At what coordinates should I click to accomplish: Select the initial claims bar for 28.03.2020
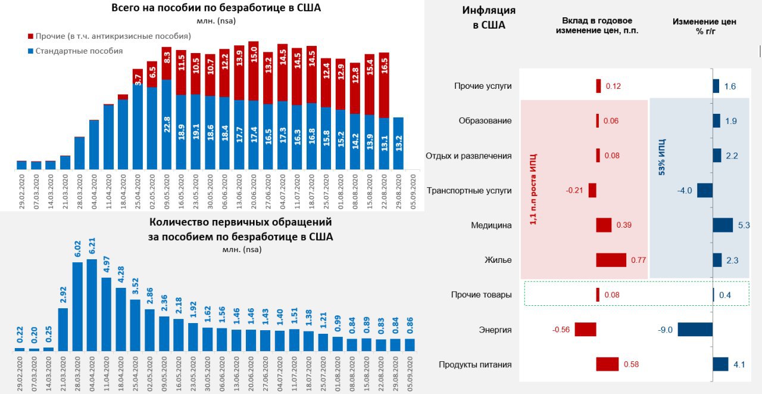pos(77,306)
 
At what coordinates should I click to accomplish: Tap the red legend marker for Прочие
pos(30,36)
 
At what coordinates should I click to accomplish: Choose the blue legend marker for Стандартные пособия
pos(30,51)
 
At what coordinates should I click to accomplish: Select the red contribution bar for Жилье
pos(611,260)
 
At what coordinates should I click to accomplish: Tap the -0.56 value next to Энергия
pos(562,330)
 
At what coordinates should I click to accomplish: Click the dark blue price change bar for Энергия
pos(695,330)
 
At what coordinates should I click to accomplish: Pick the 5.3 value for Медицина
pos(744,225)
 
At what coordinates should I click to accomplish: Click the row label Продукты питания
pos(475,365)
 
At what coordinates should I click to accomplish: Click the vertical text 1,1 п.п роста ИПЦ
pos(533,188)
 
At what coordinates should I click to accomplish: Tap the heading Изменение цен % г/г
pos(704,26)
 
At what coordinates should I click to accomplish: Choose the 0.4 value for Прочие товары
pos(724,295)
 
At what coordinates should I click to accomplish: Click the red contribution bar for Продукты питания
pos(607,364)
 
